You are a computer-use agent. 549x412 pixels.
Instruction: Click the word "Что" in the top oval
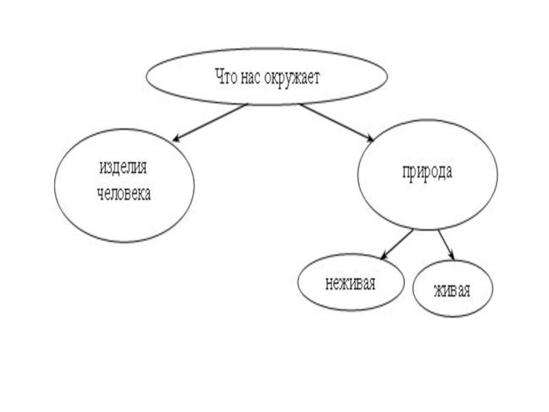(226, 76)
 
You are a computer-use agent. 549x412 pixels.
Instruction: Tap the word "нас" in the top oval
(250, 76)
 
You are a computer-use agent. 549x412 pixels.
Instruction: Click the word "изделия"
(124, 168)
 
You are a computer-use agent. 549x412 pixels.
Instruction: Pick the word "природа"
(427, 172)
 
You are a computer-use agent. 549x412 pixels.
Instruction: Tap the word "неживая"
(350, 282)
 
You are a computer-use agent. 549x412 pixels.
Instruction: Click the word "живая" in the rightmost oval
(452, 289)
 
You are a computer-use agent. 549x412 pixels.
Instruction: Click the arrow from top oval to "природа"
(336, 122)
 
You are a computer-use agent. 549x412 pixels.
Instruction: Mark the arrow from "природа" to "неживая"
(397, 244)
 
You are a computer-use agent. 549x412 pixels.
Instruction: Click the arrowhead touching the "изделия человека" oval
(176, 139)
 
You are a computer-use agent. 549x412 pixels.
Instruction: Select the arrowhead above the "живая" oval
(453, 259)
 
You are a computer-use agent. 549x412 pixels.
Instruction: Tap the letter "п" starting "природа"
(406, 173)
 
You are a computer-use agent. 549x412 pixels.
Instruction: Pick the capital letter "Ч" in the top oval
(220, 76)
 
